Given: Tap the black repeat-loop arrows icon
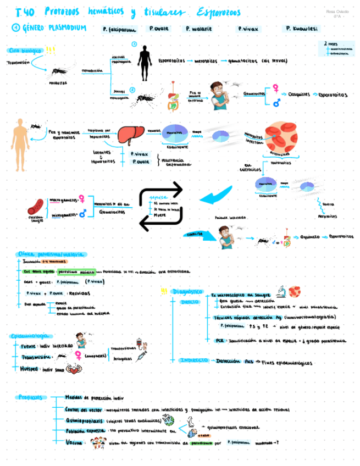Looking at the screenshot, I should point(160,206).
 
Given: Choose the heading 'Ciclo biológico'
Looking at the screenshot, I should point(25,51).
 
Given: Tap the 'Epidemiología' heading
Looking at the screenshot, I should point(31,336).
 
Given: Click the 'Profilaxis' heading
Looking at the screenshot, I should point(30,397).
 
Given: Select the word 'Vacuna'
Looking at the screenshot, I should point(74,441).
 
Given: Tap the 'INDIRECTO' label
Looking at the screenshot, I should point(194,360).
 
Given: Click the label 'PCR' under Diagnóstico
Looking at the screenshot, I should point(220,341).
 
